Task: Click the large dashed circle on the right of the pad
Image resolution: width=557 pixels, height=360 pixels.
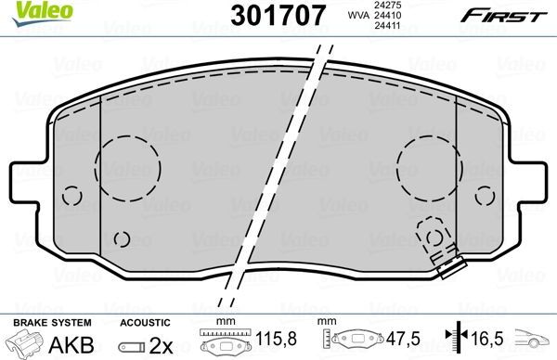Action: pos(429,164)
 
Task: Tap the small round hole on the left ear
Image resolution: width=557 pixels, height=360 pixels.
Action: pos(72,197)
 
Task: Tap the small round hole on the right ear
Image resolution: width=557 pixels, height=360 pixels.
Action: pos(486,197)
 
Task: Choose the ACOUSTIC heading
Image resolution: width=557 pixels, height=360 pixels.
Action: pos(139,321)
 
